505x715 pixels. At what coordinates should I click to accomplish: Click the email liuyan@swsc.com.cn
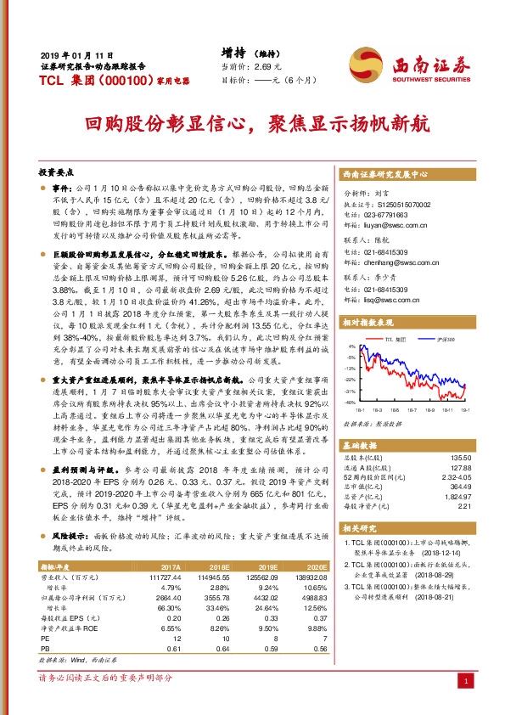click(x=390, y=227)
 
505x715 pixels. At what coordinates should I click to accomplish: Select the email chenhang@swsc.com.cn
click(x=396, y=264)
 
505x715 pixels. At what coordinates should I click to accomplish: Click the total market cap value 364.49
click(x=459, y=486)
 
